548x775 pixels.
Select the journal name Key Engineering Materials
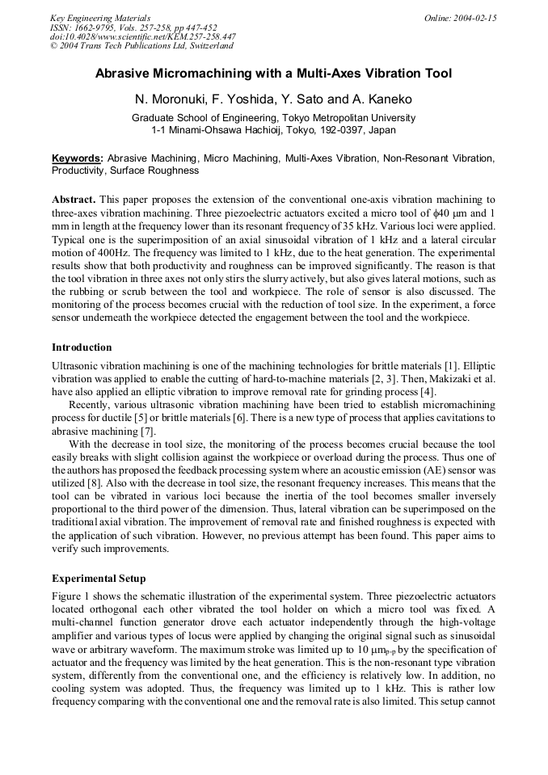click(100, 18)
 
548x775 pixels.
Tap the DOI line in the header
click(143, 36)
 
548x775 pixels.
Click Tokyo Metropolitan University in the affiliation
click(343, 118)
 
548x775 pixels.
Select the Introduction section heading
click(82, 347)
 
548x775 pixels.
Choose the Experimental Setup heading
click(99, 579)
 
